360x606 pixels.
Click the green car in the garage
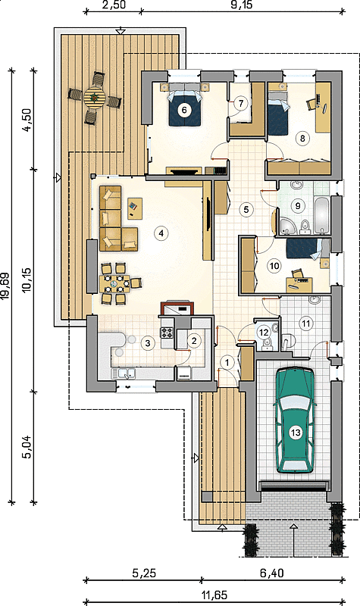click(x=295, y=420)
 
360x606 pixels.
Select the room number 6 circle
click(x=184, y=110)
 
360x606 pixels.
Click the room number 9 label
click(x=298, y=205)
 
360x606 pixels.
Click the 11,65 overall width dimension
click(x=214, y=595)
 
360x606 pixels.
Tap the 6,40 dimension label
click(x=271, y=573)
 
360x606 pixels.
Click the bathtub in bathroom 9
click(x=322, y=215)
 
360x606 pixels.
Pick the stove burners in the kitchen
click(x=167, y=333)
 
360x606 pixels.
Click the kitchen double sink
click(x=124, y=373)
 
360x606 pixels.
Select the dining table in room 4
click(x=115, y=284)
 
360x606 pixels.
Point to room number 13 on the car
click(x=295, y=433)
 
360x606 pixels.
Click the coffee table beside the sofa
click(x=135, y=208)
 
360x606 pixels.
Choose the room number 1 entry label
click(x=227, y=363)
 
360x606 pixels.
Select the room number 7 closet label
click(x=241, y=104)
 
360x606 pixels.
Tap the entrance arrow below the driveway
click(x=294, y=540)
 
